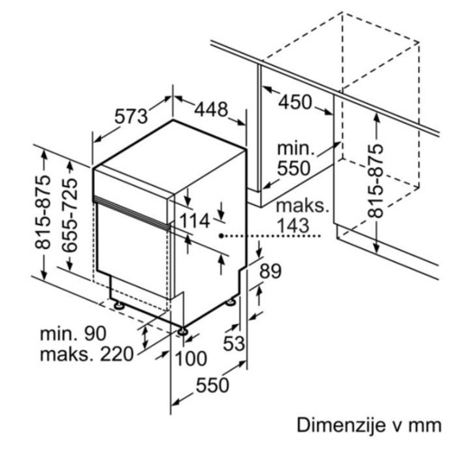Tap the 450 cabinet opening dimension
[293, 102]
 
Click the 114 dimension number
[193, 219]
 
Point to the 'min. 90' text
[72, 334]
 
